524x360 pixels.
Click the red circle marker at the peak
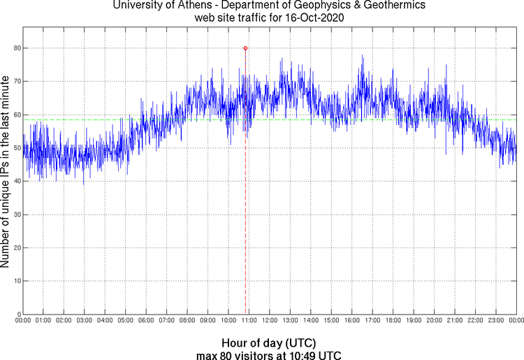[x=245, y=48]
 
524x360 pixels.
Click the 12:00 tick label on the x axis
[x=270, y=321]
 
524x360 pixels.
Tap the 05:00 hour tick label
[x=126, y=321]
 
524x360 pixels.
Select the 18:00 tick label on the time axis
[x=393, y=321]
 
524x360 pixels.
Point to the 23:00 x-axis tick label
[x=495, y=321]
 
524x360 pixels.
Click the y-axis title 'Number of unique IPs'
[x=6, y=171]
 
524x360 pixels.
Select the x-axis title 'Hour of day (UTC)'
[x=269, y=343]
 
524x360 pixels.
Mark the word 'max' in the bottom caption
[x=207, y=355]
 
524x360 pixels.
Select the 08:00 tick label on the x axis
[x=187, y=321]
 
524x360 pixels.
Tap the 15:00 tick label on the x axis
[x=331, y=321]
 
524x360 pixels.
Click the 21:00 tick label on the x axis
[x=454, y=321]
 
